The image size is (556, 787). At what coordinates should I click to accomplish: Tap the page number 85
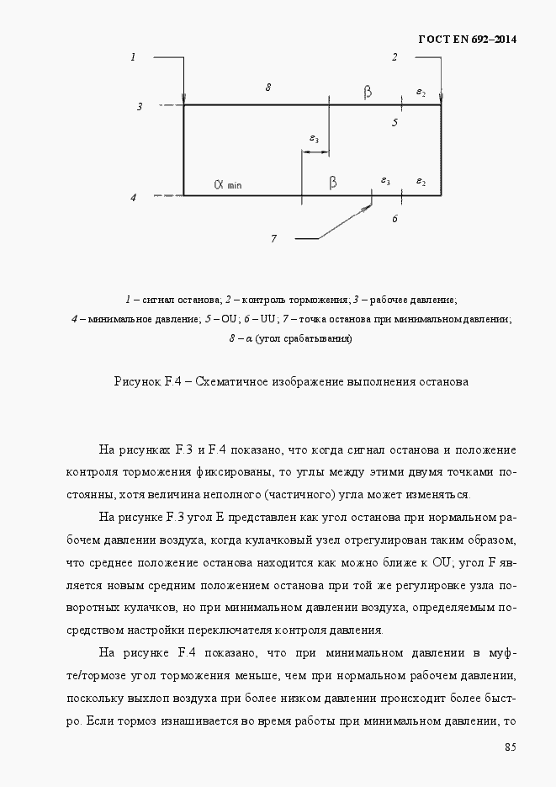click(x=511, y=747)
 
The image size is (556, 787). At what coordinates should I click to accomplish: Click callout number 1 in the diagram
click(x=133, y=57)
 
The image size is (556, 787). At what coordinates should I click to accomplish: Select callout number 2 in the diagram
click(x=394, y=57)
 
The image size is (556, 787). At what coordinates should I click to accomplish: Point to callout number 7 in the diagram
click(x=273, y=239)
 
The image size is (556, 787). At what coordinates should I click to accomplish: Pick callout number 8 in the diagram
click(x=267, y=87)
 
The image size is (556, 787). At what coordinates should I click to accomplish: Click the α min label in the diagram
click(x=226, y=183)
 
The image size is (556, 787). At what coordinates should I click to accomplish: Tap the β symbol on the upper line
click(x=367, y=92)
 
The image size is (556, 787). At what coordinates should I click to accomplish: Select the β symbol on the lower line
click(x=333, y=182)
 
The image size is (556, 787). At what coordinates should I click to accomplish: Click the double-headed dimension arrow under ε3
click(x=315, y=152)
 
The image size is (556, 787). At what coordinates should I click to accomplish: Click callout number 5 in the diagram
click(x=394, y=122)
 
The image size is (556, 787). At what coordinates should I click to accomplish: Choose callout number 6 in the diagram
click(x=394, y=219)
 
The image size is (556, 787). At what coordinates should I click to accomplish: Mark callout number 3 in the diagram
click(x=140, y=107)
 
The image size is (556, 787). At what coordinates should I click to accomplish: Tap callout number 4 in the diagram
click(x=133, y=197)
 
